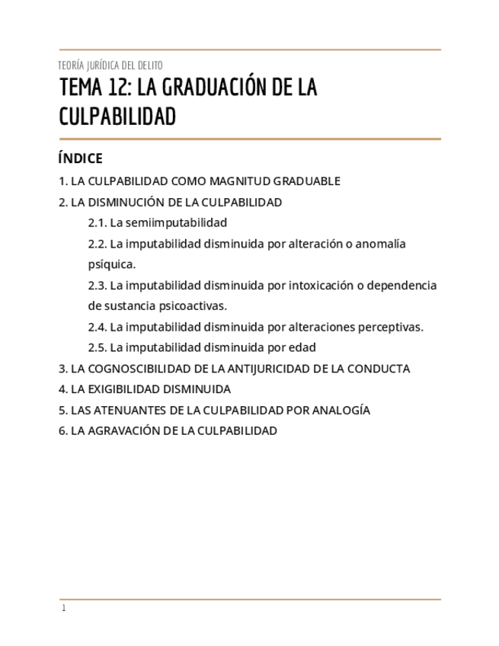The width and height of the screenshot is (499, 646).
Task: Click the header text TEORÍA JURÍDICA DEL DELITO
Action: (110, 66)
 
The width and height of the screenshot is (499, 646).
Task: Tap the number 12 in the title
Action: (118, 88)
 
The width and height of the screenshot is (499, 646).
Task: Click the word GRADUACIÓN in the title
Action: (215, 88)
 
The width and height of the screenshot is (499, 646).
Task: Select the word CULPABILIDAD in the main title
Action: (117, 117)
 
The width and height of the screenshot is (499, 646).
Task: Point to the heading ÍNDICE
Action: (80, 158)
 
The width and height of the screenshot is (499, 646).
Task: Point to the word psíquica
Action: (112, 264)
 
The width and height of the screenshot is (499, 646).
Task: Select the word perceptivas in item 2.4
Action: (392, 327)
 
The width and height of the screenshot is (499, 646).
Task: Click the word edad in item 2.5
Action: (302, 347)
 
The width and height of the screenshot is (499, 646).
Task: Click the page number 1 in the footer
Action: (64, 608)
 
